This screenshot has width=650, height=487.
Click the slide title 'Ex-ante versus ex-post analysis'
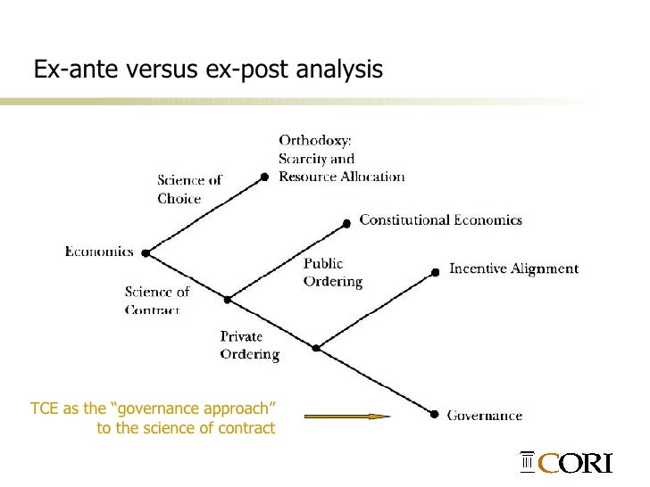click(x=208, y=69)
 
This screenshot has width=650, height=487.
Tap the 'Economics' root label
click(x=98, y=252)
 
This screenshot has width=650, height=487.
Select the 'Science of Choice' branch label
click(x=189, y=190)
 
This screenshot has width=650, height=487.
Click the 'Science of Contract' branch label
click(x=157, y=301)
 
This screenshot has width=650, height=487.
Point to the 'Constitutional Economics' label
click(x=440, y=219)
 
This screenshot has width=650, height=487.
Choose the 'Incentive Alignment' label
click(x=513, y=268)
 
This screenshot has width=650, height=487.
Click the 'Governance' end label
click(x=484, y=415)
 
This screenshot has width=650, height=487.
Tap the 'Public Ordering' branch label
click(x=332, y=273)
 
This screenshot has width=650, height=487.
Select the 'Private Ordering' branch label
click(x=249, y=345)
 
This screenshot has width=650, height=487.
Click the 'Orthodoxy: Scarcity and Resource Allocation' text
click(x=341, y=159)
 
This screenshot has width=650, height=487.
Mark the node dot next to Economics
click(x=146, y=253)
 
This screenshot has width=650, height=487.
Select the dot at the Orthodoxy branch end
click(x=265, y=177)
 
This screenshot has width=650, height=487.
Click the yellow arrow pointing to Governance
click(x=347, y=416)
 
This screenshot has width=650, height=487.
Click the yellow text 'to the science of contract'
click(x=187, y=429)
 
